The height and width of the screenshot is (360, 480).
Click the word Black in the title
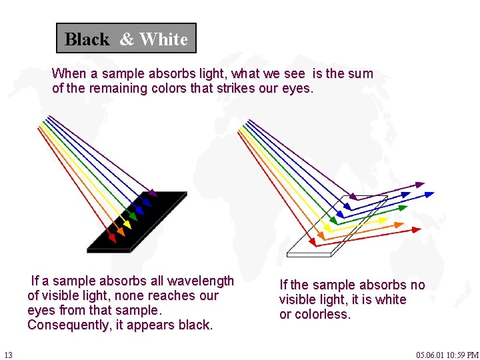click(x=87, y=39)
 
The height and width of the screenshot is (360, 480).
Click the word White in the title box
click(x=163, y=39)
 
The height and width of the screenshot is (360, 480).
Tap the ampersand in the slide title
click(x=127, y=39)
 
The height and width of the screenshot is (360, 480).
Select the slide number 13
click(x=8, y=355)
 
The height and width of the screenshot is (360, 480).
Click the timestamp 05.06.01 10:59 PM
click(x=447, y=355)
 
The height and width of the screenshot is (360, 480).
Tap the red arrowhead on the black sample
click(x=113, y=237)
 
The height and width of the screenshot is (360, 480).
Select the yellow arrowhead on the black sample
click(x=127, y=224)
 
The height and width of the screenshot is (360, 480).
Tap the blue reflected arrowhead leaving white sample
click(x=429, y=195)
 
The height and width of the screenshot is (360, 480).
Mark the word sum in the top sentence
click(x=361, y=73)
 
